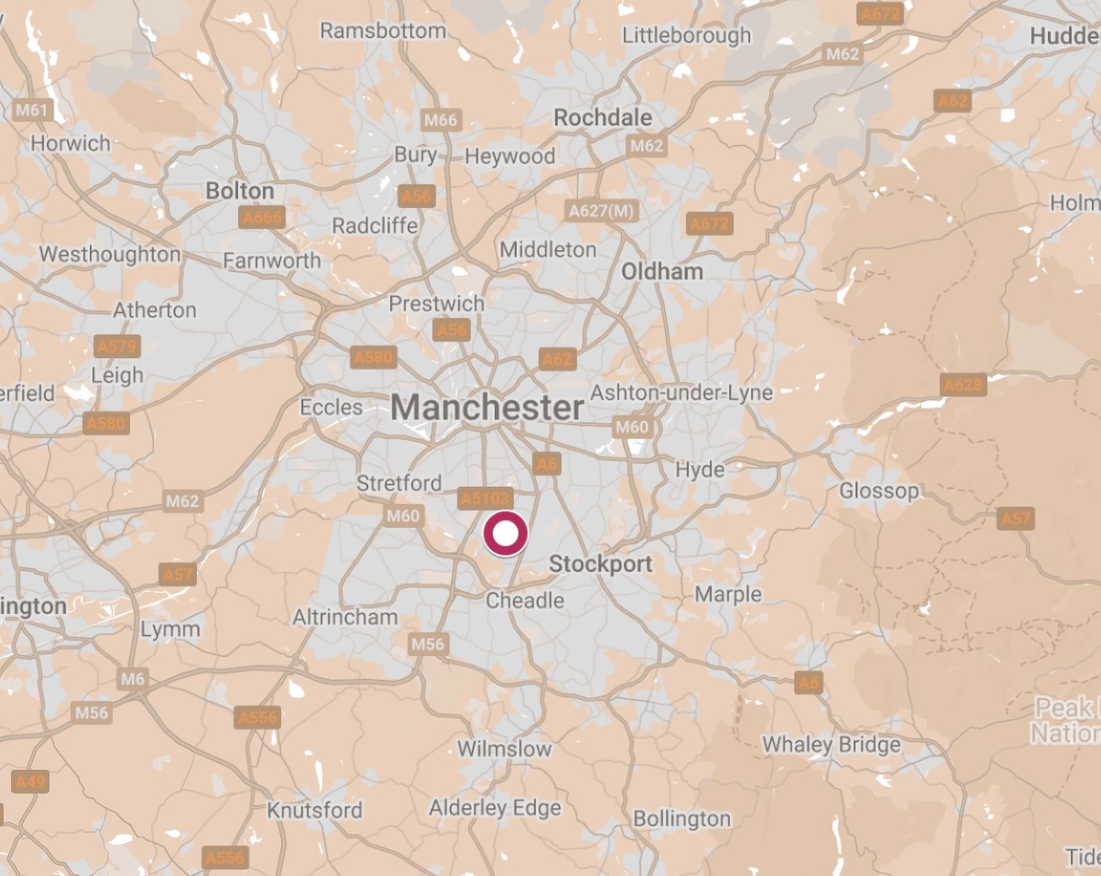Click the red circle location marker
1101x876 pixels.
[x=506, y=534]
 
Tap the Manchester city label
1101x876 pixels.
[x=487, y=408]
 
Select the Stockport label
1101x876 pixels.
[x=600, y=564]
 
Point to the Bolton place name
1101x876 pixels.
[x=240, y=191]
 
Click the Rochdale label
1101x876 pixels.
[x=603, y=117]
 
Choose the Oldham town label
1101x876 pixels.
[x=662, y=271]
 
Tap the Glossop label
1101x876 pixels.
[x=878, y=491]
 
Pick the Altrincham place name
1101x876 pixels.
[x=345, y=618]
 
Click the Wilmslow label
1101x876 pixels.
[x=505, y=749]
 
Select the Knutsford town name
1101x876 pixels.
[x=314, y=810]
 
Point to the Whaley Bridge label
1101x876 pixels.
[x=832, y=744]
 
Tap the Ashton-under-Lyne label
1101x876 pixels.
[x=681, y=393]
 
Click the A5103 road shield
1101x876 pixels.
[x=485, y=498]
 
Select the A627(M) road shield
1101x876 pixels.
[x=601, y=211]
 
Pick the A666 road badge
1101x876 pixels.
[x=261, y=218]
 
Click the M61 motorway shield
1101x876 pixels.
[x=33, y=111]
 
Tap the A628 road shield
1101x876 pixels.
[x=963, y=385]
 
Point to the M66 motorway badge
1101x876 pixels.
[x=441, y=120]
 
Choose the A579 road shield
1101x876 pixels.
[x=116, y=346]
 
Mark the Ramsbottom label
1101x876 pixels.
[x=383, y=30]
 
